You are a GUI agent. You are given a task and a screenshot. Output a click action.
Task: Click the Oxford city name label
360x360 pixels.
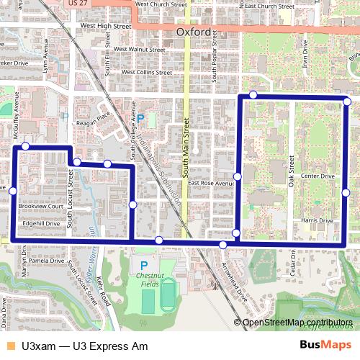click(x=193, y=33)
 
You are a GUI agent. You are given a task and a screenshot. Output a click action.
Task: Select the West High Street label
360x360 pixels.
click(x=106, y=26)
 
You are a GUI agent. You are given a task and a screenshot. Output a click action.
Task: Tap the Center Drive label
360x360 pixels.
click(x=318, y=176)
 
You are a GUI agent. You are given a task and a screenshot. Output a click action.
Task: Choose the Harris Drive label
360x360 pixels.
click(x=318, y=220)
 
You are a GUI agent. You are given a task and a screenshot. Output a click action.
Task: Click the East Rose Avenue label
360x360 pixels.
click(x=212, y=183)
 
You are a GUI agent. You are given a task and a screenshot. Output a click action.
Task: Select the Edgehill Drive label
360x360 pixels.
click(x=41, y=223)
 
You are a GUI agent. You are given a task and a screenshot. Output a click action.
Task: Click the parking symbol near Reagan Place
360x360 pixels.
click(x=140, y=118)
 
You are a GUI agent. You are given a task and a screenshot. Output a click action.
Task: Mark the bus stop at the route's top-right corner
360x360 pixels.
click(x=347, y=102)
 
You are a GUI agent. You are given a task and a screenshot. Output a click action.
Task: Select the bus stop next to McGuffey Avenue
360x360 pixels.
click(x=25, y=146)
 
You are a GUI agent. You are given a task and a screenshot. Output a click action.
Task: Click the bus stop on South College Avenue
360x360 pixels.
click(x=133, y=205)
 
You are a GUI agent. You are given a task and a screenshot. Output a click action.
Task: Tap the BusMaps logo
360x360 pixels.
click(x=325, y=346)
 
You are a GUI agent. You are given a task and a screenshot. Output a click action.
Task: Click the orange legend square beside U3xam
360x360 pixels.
click(x=10, y=346)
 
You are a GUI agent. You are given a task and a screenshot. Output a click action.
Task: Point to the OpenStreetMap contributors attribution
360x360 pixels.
click(x=297, y=322)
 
